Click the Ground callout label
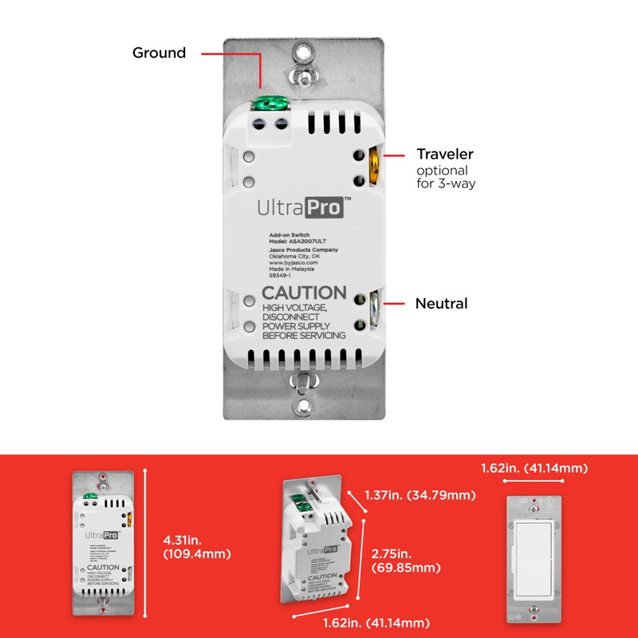coord(159,53)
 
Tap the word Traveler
coord(445,153)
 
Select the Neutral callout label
coord(441,303)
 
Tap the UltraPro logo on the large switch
coord(299,208)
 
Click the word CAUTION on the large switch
coord(304,293)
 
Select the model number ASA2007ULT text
coord(297,242)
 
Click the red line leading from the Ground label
coord(231,54)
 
